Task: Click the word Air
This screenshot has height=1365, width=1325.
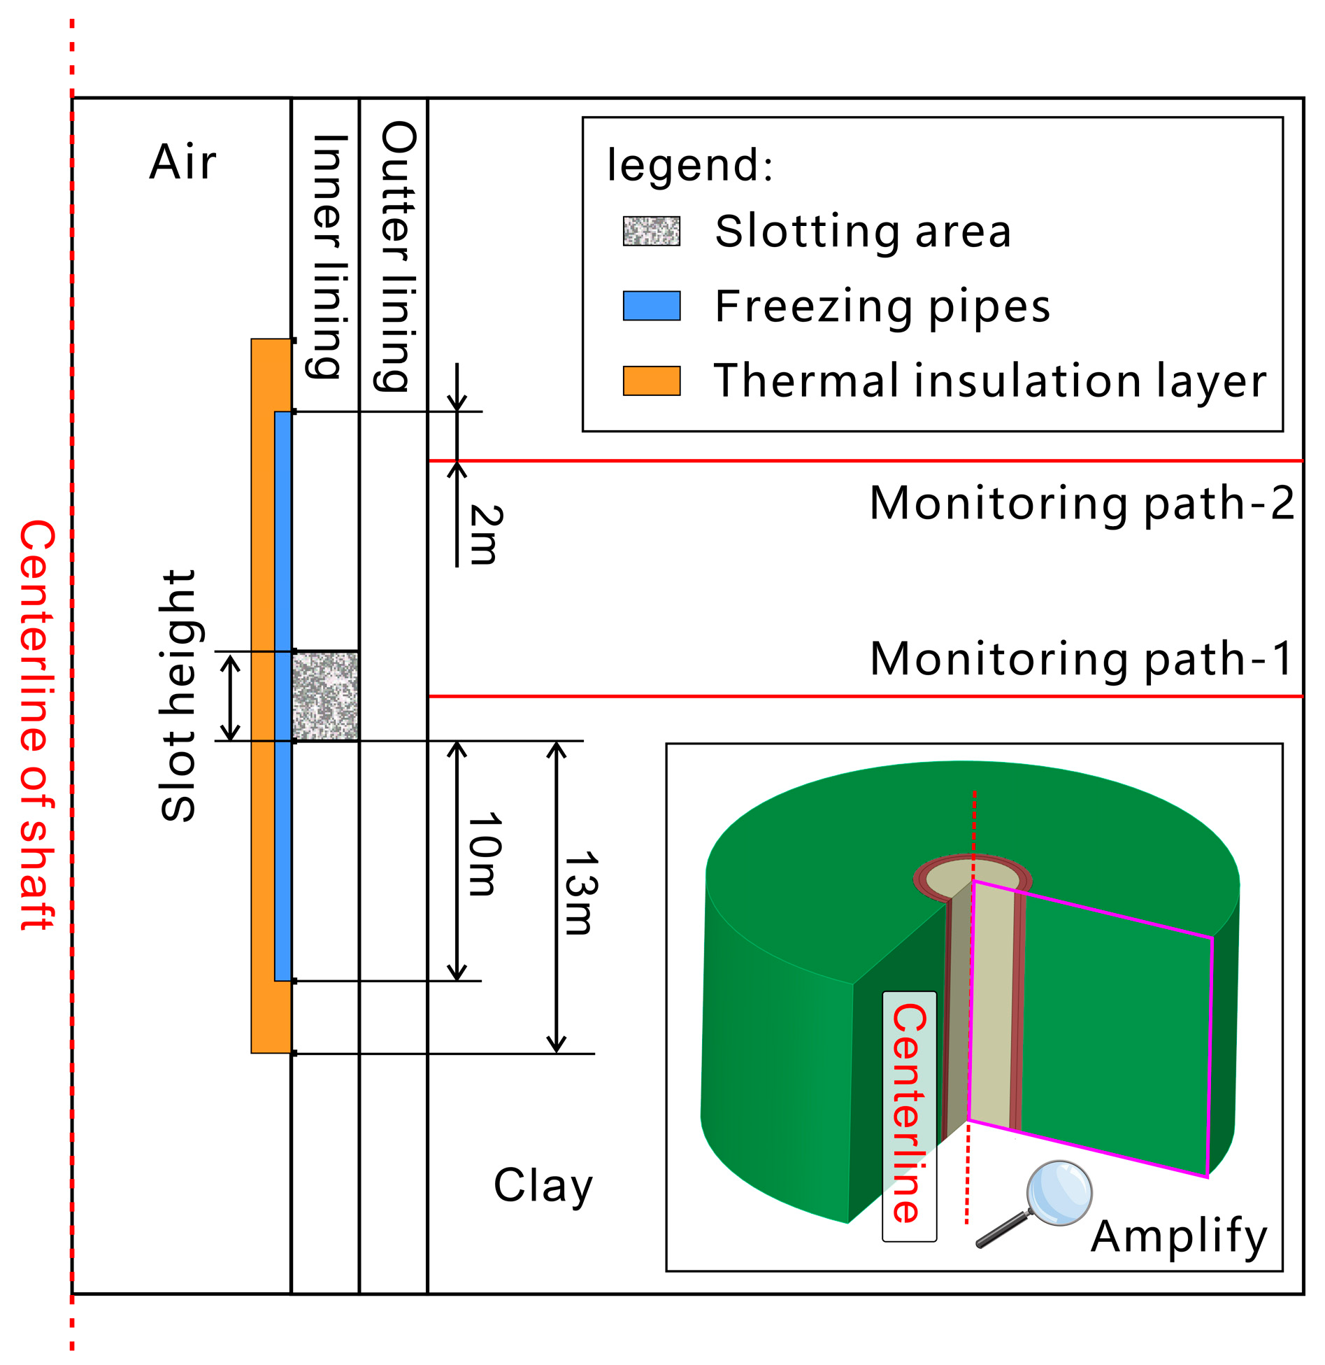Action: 182,162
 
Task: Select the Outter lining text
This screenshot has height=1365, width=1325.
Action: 397,256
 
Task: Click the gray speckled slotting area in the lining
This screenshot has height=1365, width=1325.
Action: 325,695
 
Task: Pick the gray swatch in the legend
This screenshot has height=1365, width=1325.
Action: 651,231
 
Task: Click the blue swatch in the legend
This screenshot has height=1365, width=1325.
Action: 651,306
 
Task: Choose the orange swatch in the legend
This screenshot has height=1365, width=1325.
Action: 651,381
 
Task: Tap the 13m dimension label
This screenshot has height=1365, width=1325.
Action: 581,893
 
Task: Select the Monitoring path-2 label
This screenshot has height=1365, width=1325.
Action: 1082,503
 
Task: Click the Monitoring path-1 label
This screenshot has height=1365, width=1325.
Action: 1082,659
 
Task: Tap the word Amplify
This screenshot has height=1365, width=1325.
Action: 1179,1236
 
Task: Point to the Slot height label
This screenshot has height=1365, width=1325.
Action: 178,695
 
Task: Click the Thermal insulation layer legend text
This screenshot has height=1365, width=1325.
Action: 989,381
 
